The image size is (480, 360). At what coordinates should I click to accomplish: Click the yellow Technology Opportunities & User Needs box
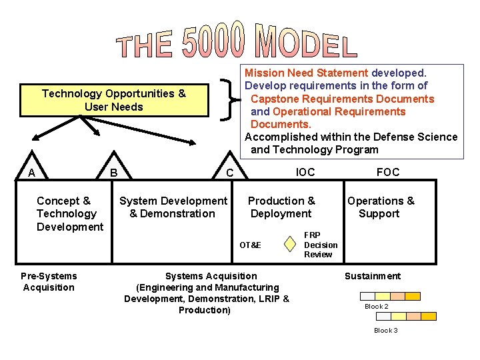114,100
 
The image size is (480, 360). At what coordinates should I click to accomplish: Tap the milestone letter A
31,173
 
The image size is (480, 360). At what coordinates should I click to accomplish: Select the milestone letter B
114,173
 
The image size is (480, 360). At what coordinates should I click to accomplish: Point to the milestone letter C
229,173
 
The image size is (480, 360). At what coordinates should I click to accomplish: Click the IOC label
305,172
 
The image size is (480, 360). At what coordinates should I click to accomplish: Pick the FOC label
388,172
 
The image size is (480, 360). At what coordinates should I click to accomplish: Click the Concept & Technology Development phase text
69,213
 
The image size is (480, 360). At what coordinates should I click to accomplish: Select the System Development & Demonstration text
173,207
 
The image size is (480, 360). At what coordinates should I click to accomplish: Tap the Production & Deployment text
281,207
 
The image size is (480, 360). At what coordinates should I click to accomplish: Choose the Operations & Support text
380,207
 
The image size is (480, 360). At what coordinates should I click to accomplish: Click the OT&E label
251,245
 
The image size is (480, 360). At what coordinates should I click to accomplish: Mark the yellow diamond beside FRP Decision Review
289,245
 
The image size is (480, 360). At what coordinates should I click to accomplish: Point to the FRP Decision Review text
321,245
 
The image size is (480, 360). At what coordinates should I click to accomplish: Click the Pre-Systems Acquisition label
49,281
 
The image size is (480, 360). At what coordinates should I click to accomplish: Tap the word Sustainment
372,276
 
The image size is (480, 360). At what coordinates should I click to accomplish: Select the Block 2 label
376,307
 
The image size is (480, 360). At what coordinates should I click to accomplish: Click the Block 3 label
386,331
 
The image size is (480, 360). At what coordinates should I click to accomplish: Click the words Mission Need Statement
307,73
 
